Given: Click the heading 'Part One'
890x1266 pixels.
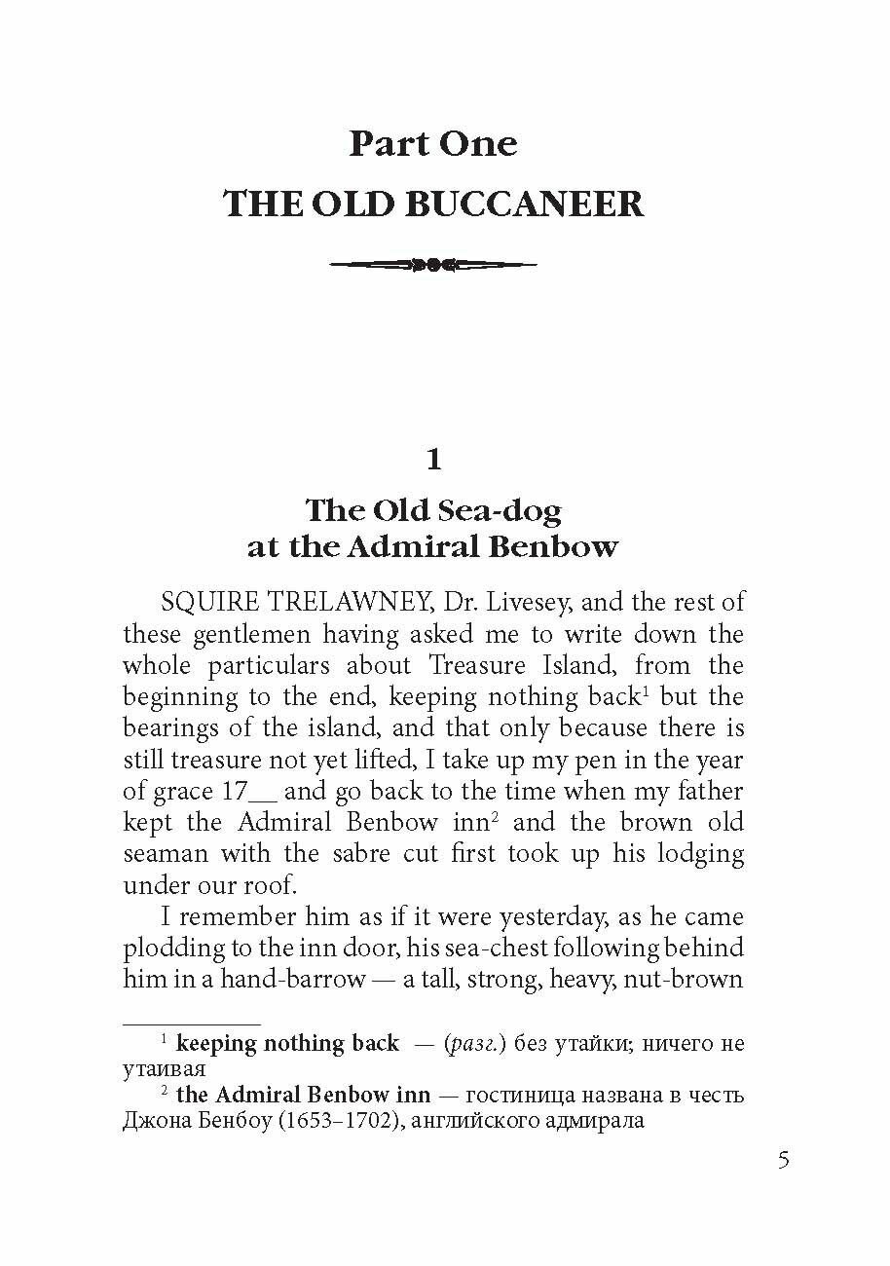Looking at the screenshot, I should pyautogui.click(x=433, y=144).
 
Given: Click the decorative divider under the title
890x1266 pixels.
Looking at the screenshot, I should pyautogui.click(x=433, y=263).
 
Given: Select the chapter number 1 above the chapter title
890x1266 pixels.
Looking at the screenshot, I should pyautogui.click(x=433, y=459).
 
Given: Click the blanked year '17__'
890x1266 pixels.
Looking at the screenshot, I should pyautogui.click(x=242, y=791).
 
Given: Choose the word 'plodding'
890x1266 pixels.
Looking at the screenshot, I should pyautogui.click(x=171, y=949).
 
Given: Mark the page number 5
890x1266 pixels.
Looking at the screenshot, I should pyautogui.click(x=785, y=1161).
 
